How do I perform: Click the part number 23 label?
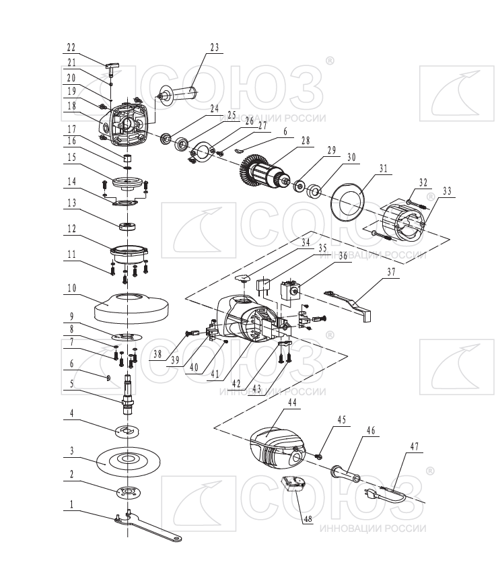215,47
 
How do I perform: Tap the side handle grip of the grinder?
178,92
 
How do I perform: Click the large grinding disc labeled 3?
128,461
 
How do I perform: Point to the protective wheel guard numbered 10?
131,309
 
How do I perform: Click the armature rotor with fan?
263,173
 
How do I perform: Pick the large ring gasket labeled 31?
347,202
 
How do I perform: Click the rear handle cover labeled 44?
277,448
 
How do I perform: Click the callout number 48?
308,518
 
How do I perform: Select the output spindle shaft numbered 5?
127,395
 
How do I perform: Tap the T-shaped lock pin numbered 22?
112,68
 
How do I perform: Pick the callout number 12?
71,228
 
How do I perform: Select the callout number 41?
215,374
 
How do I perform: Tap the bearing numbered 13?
127,226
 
